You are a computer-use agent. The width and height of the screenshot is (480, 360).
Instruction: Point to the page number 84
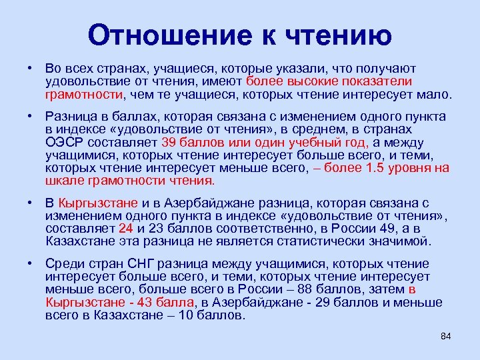(446, 335)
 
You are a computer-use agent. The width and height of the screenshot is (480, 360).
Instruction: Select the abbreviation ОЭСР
(65, 143)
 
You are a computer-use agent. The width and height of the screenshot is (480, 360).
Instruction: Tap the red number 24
(126, 227)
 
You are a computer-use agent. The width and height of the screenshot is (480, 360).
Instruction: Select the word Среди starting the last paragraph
(65, 264)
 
